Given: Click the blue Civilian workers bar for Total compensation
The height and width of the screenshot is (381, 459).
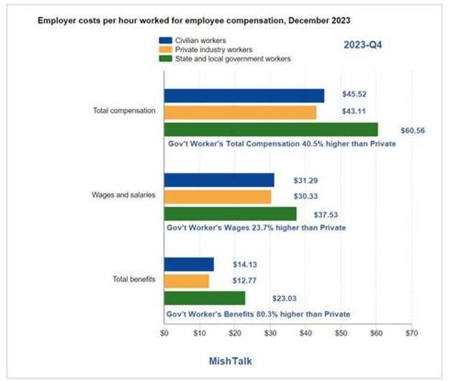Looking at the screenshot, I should tap(244, 95).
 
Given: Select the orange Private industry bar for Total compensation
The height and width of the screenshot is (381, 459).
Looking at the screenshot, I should tap(240, 112).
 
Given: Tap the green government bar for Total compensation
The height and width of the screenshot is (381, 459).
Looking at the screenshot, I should tap(270, 129).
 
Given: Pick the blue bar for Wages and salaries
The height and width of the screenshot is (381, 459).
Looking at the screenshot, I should tap(219, 180).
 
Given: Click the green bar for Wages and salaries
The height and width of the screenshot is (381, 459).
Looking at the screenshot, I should tap(230, 214).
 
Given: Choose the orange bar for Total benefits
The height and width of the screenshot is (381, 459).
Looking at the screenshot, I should tap(187, 281).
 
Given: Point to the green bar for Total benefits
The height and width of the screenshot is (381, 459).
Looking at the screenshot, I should tap(204, 298).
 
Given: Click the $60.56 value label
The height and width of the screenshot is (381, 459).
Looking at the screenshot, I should tap(413, 129).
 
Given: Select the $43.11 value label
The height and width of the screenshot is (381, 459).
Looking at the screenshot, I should tap(355, 112).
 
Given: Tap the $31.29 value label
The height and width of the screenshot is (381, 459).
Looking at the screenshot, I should tap(304, 180).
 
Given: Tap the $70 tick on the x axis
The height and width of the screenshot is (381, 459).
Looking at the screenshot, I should tap(412, 334).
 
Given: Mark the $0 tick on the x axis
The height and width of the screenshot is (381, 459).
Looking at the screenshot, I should tap(164, 334).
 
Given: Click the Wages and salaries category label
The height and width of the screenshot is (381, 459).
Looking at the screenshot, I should tap(123, 195).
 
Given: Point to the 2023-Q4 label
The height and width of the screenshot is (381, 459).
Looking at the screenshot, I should tap(363, 45).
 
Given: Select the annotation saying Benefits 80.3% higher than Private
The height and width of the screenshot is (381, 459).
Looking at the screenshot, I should tap(258, 314).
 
